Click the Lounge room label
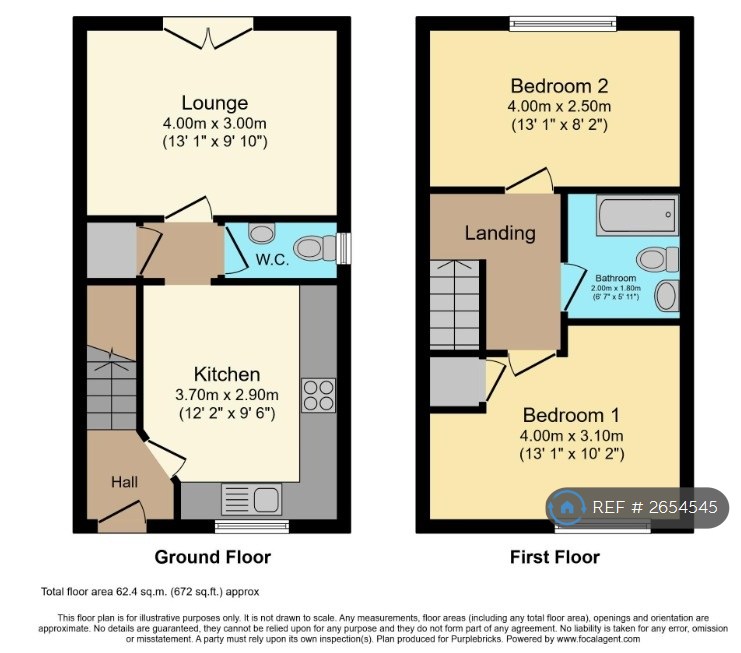click(215, 103)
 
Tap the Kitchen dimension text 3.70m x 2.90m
click(227, 395)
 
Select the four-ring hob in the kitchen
click(319, 395)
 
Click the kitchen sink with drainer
click(251, 499)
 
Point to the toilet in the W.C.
click(315, 248)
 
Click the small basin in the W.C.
click(261, 232)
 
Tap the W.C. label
click(272, 259)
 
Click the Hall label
click(124, 482)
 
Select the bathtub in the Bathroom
click(637, 215)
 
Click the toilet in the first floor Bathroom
click(657, 259)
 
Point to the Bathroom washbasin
click(667, 295)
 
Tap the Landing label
click(500, 233)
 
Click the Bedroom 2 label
click(559, 86)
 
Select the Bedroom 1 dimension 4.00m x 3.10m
click(571, 436)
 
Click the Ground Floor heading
click(213, 558)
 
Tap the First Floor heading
click(555, 558)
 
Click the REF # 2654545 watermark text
click(655, 507)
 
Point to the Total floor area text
click(150, 592)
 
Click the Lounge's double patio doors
click(208, 33)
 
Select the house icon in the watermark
click(567, 508)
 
